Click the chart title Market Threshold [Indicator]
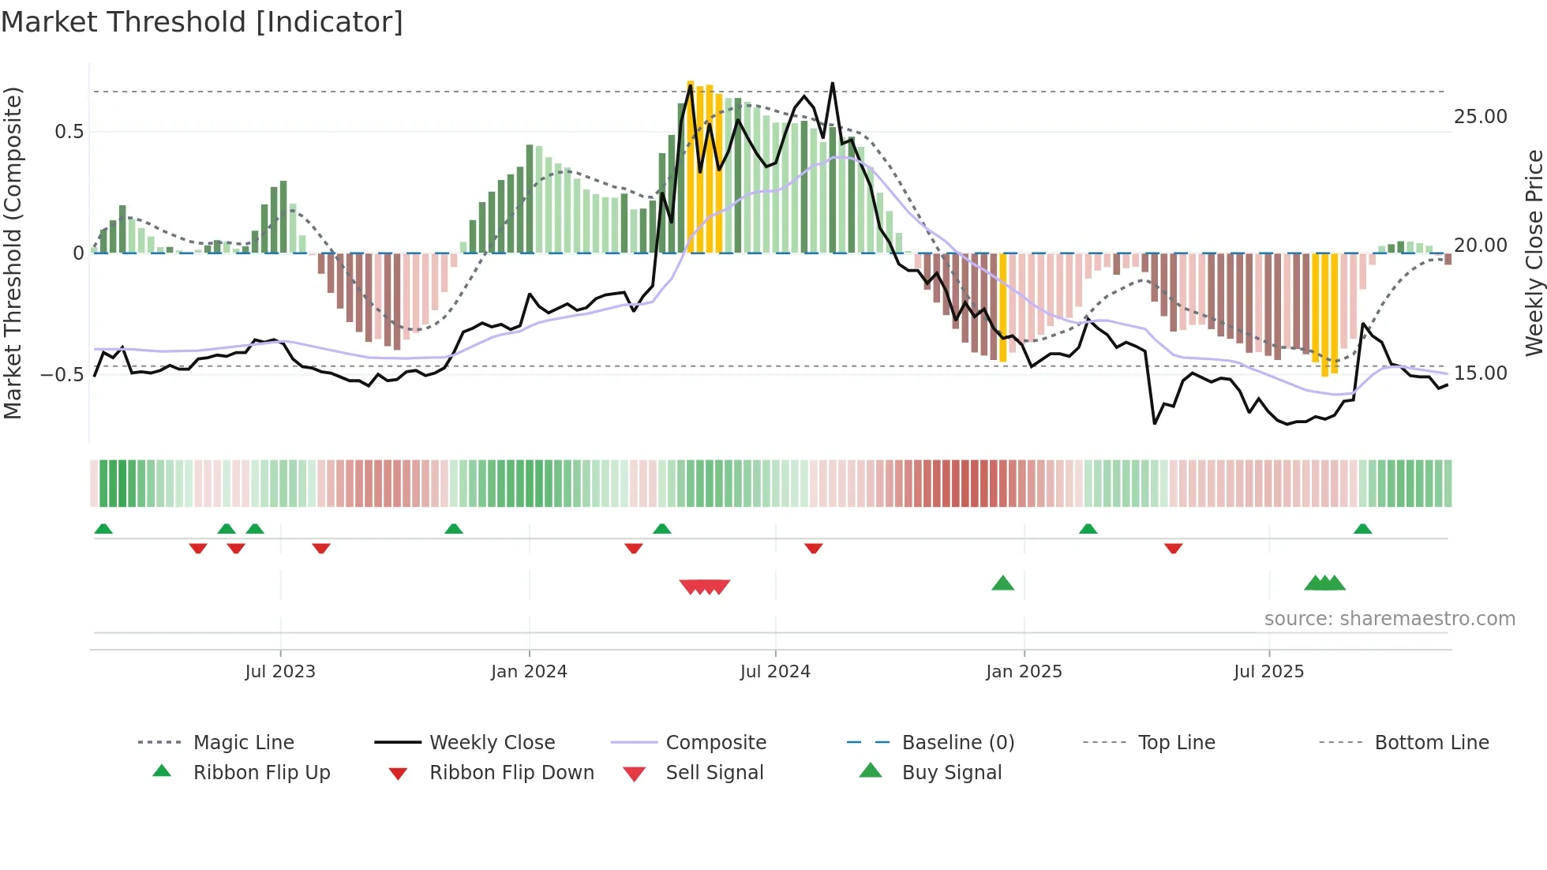pyautogui.click(x=202, y=22)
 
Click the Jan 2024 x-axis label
pyautogui.click(x=529, y=671)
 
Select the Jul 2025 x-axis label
pyautogui.click(x=1268, y=671)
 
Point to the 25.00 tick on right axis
pyautogui.click(x=1480, y=117)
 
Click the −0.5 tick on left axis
pyautogui.click(x=62, y=374)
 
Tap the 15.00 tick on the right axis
pyautogui.click(x=1480, y=373)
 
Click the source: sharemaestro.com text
pyautogui.click(x=1389, y=618)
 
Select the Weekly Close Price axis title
pyautogui.click(x=1534, y=253)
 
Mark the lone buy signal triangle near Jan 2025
pyautogui.click(x=1002, y=583)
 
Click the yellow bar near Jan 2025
pyautogui.click(x=1003, y=308)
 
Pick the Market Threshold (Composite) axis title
pyautogui.click(x=13, y=253)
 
